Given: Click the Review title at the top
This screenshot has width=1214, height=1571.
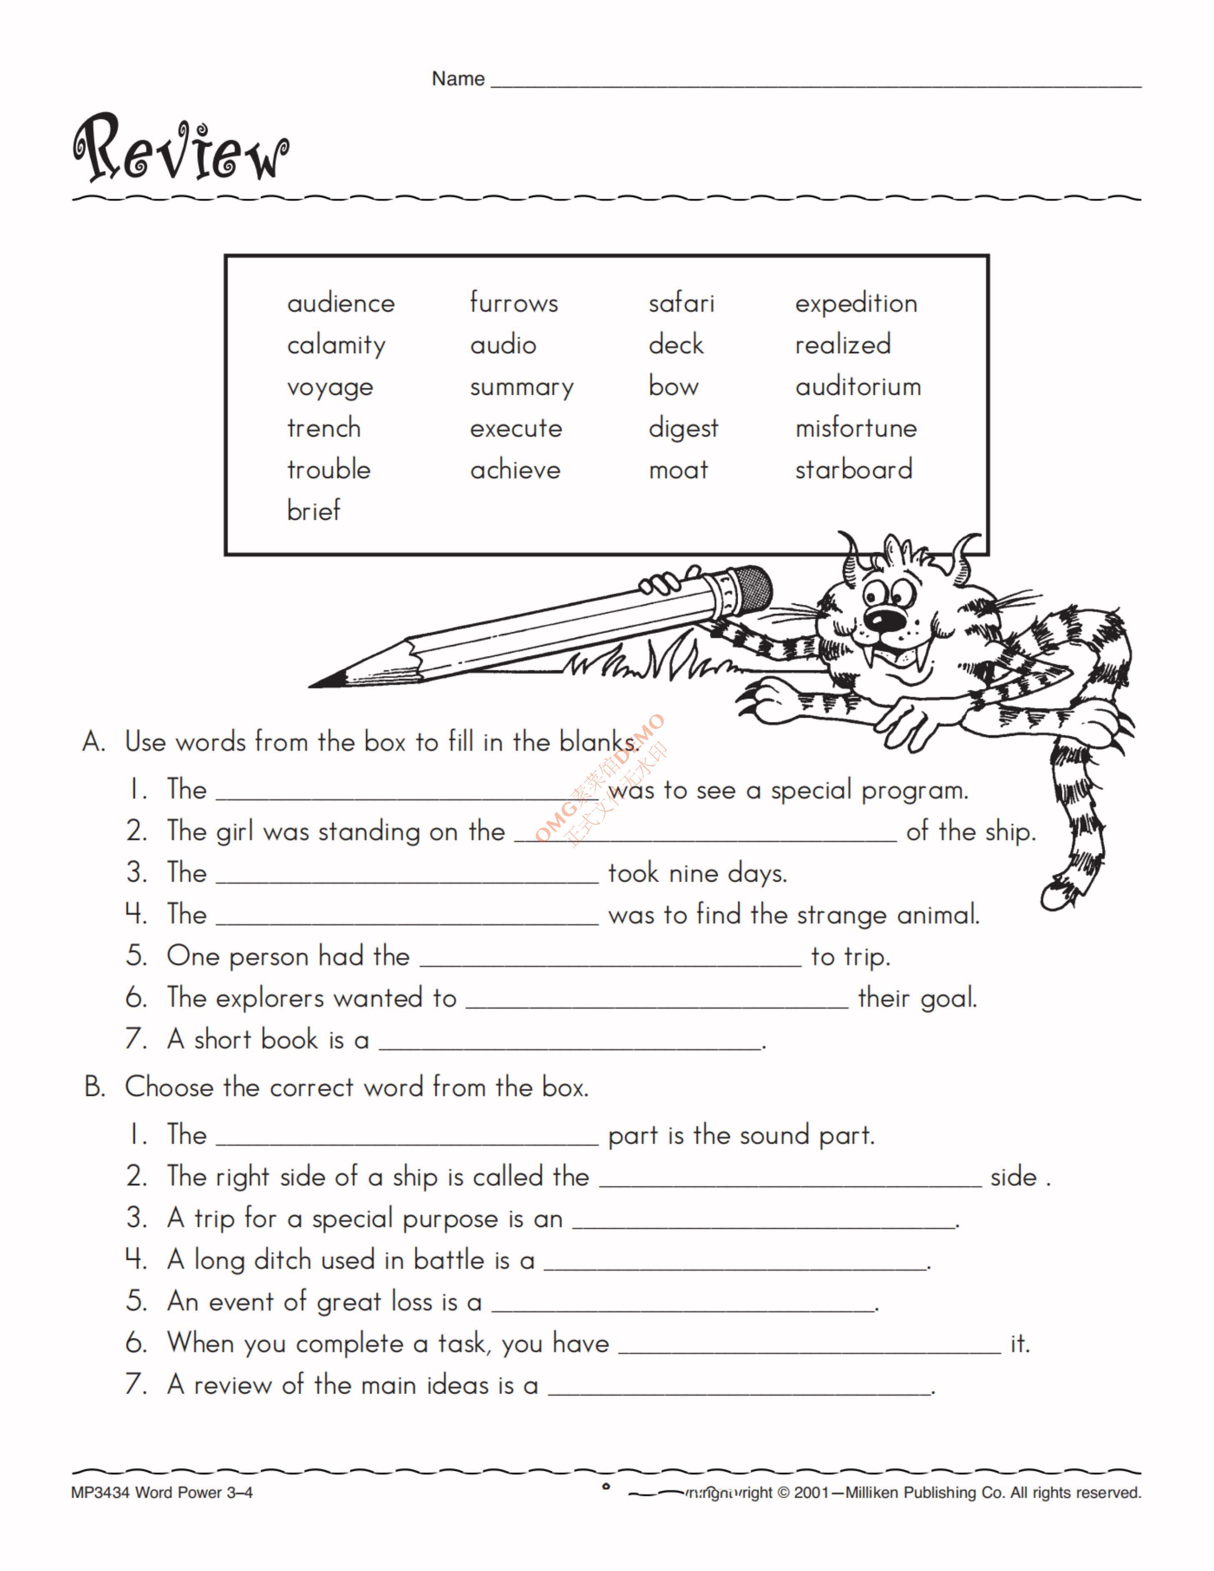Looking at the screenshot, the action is (x=181, y=148).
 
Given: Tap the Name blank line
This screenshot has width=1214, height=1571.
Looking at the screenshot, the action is (x=815, y=80).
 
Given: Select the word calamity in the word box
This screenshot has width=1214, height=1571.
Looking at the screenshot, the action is (x=336, y=345).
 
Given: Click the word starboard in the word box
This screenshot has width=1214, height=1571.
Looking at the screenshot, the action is (x=854, y=470).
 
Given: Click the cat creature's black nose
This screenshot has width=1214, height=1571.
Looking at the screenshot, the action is (x=879, y=620).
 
